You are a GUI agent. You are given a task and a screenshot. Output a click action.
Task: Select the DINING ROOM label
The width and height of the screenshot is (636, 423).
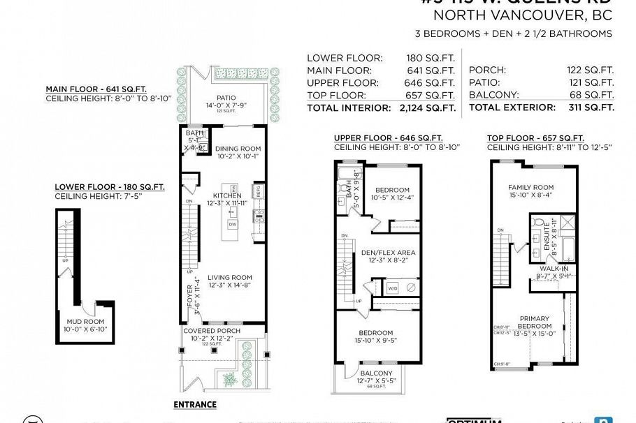[x=238, y=149]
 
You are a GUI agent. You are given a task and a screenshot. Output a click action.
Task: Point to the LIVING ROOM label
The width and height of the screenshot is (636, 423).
[x=229, y=277]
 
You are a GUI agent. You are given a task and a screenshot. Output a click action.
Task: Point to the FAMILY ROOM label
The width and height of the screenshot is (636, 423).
[x=530, y=187]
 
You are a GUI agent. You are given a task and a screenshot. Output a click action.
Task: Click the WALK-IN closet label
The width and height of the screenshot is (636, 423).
[x=553, y=268]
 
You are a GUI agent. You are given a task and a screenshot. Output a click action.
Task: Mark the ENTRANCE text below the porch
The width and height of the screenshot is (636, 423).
[x=194, y=404]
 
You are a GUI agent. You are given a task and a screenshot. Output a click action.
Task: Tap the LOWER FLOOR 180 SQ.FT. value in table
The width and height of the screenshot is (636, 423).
[x=431, y=58]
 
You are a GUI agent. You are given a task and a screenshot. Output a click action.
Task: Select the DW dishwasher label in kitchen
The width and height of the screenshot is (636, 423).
[x=233, y=225]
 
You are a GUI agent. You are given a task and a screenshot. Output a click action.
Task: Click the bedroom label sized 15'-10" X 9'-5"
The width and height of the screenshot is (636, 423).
[x=376, y=333]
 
